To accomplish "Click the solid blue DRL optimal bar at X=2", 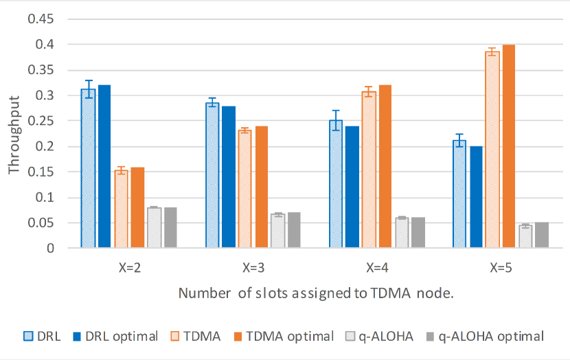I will (x=104, y=166).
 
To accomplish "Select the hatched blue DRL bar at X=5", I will (x=459, y=195).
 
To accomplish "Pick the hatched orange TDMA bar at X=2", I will (x=121, y=210).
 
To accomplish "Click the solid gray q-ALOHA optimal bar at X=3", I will (x=294, y=230).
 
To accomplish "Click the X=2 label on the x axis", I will (x=130, y=267).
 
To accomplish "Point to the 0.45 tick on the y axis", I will (x=41, y=19).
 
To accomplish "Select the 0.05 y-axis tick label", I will (x=41, y=223).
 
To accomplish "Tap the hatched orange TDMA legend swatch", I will (x=181, y=336).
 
